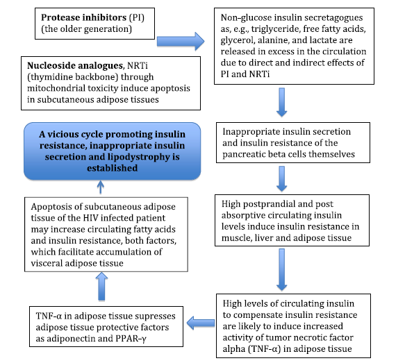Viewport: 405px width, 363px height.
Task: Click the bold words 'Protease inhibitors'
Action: pos(83,17)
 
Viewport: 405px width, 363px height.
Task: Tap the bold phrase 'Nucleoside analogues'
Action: pos(75,65)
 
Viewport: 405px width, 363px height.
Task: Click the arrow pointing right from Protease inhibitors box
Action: pos(181,41)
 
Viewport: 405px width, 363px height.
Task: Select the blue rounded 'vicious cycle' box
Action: pos(112,151)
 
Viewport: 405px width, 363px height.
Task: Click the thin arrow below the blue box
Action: pos(101,187)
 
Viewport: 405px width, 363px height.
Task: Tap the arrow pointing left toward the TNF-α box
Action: pos(201,323)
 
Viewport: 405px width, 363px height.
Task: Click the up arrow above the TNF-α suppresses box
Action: pos(101,287)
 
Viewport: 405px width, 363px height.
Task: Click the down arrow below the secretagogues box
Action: pos(282,102)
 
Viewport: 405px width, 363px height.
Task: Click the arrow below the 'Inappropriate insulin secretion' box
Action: pos(282,179)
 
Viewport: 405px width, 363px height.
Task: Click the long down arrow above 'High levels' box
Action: pos(282,269)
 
